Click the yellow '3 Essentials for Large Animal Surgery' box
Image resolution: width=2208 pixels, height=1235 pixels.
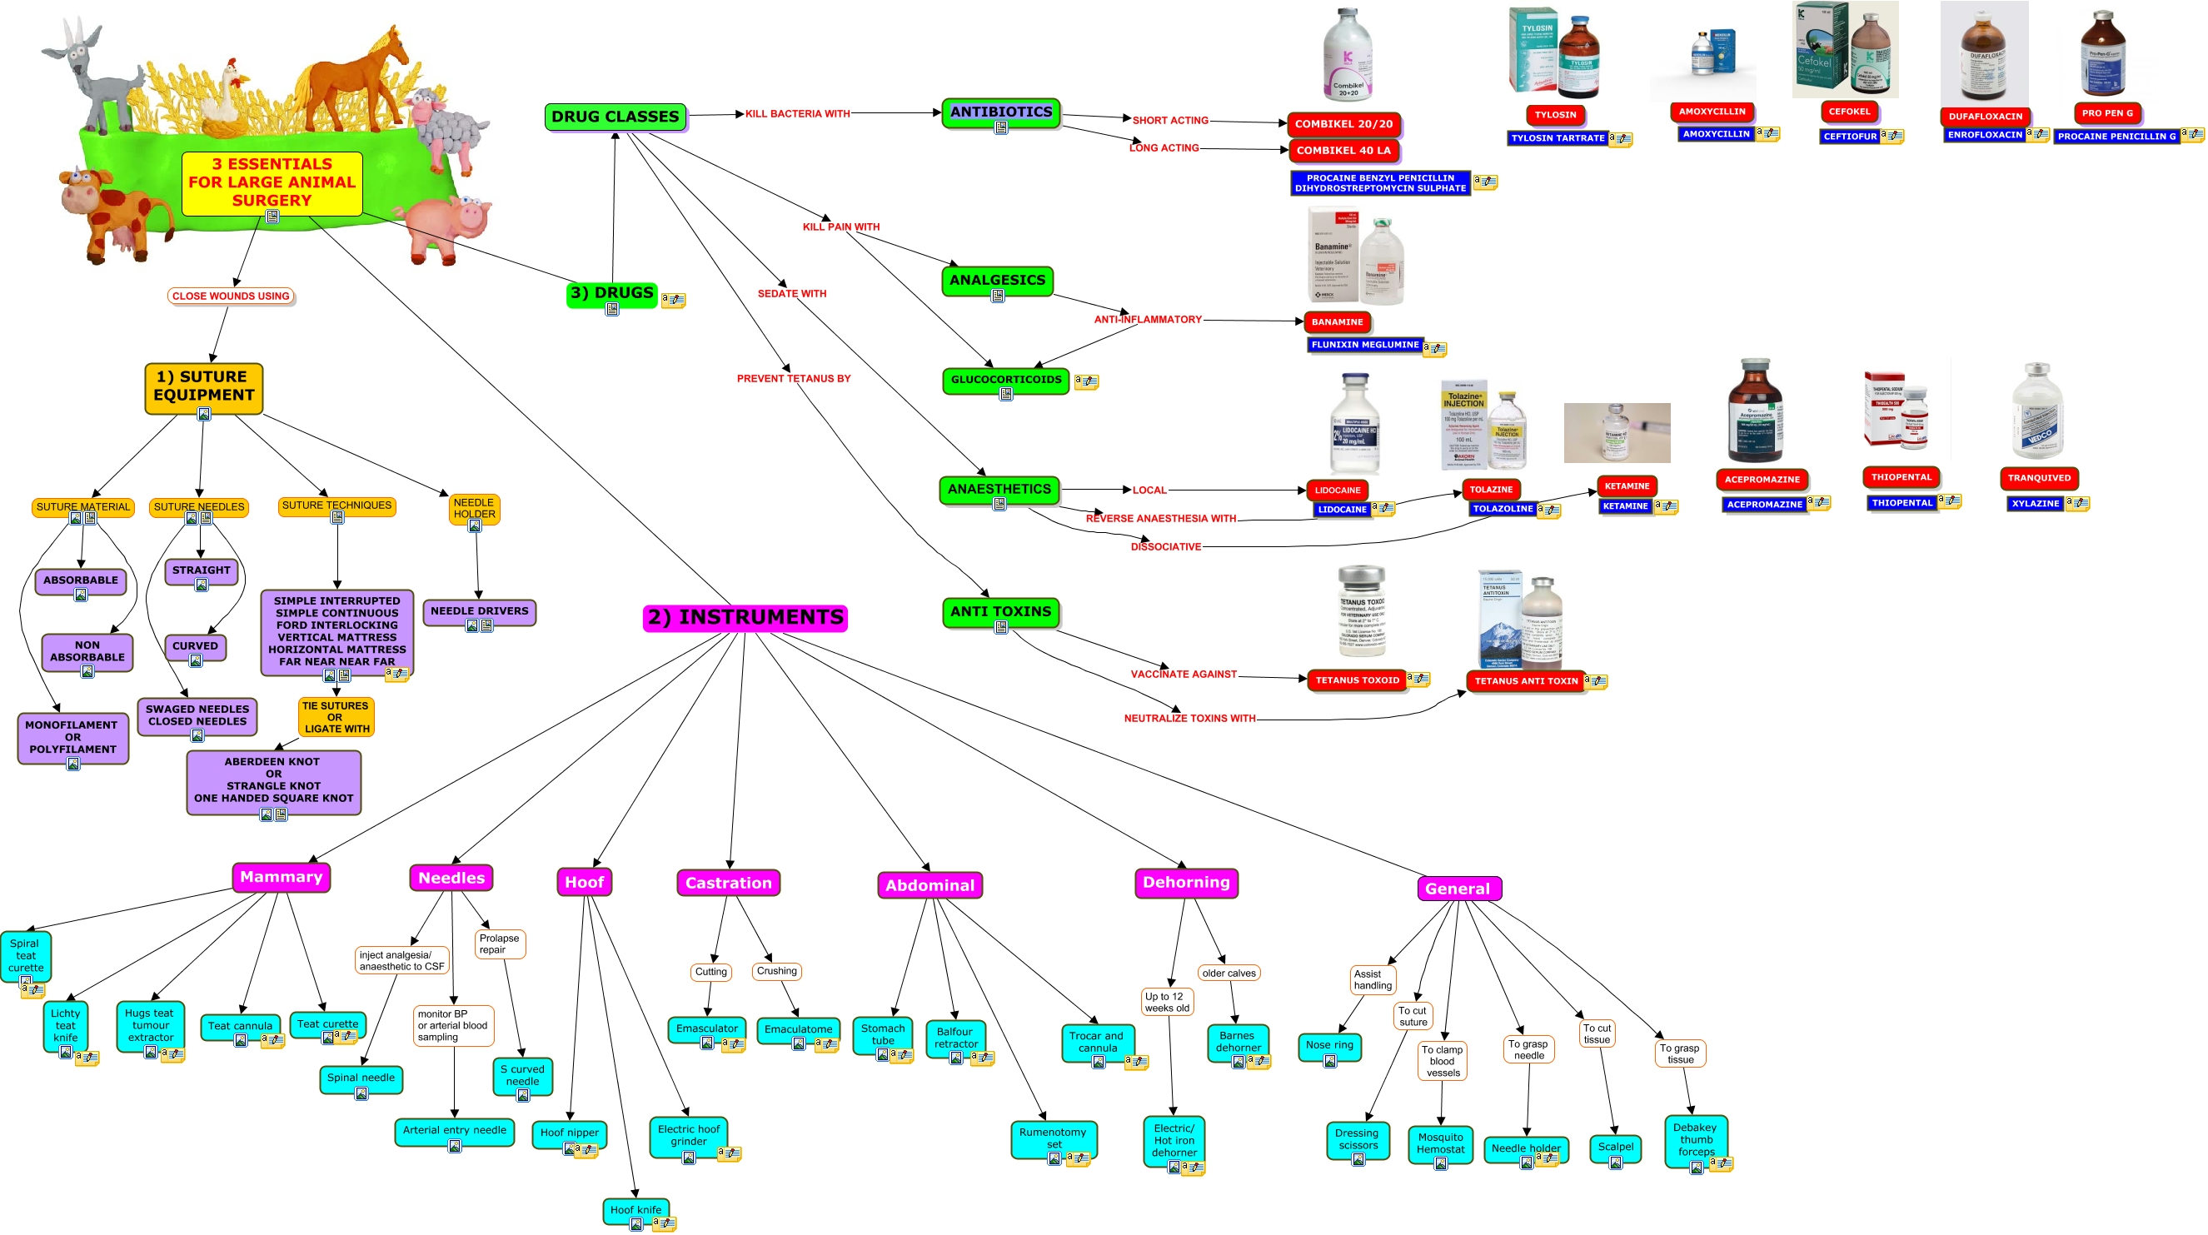(272, 182)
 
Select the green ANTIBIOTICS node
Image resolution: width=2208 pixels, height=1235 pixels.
(1000, 112)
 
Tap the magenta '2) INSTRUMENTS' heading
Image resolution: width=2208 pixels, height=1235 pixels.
(745, 617)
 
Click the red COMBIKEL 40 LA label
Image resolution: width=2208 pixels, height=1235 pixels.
(1343, 150)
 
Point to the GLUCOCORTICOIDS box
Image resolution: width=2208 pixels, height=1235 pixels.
(1005, 380)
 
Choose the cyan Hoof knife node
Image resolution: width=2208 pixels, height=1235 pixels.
(635, 1209)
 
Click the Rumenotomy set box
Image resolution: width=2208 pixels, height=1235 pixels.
(1053, 1138)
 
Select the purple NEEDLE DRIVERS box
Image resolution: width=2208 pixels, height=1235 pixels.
(479, 611)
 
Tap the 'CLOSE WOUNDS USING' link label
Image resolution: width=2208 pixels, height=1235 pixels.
(231, 296)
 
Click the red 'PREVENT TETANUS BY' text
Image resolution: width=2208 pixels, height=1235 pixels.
(794, 378)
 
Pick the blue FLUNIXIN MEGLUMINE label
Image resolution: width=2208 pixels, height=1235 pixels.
(1364, 345)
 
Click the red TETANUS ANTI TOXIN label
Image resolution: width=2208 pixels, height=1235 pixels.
(1526, 680)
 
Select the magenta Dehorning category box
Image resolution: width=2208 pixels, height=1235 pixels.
(1185, 882)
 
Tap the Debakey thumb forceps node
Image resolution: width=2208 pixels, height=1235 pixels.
(1695, 1139)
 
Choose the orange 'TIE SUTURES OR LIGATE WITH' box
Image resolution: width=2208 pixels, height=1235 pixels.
(336, 716)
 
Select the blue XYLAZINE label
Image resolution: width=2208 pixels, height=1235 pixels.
(2035, 503)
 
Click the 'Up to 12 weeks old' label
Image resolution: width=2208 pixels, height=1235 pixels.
(1167, 1002)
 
